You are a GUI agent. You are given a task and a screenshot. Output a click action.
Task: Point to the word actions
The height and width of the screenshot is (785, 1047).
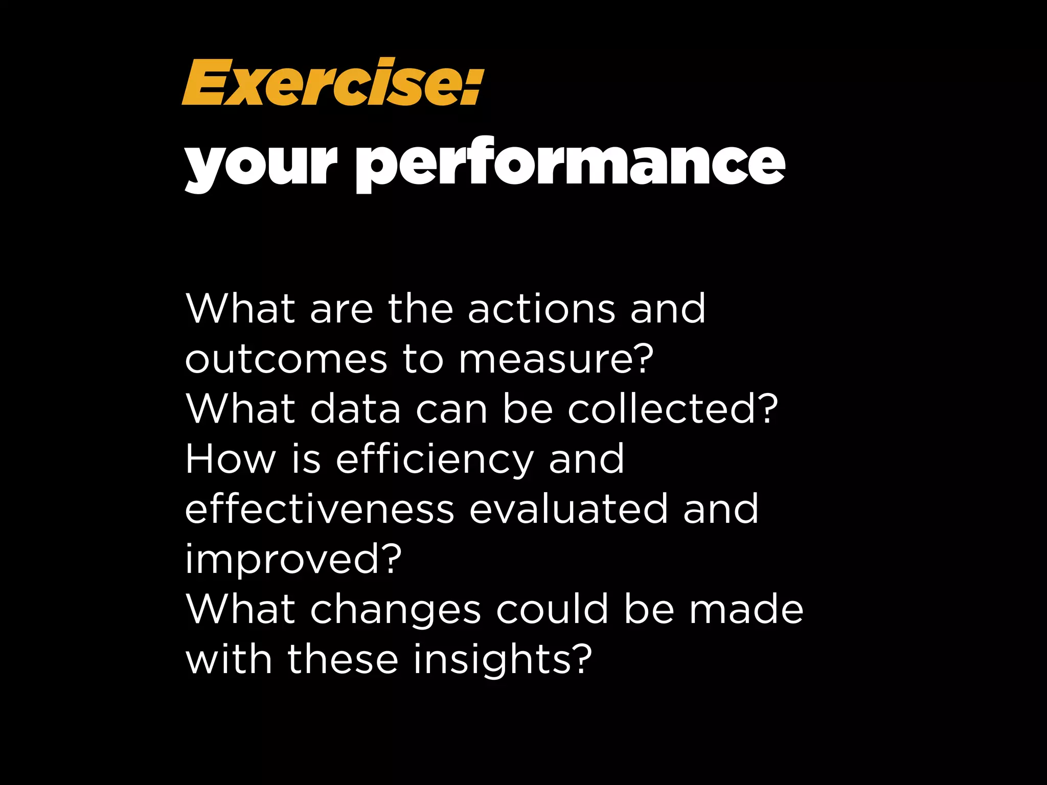click(541, 309)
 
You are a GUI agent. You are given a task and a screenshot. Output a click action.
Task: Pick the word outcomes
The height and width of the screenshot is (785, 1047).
click(286, 359)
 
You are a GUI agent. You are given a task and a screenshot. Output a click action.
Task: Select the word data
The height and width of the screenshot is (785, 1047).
click(355, 409)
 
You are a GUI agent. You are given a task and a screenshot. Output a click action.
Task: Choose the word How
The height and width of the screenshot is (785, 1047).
click(231, 459)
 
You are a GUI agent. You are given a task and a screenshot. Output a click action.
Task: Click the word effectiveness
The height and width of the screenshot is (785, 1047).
click(320, 509)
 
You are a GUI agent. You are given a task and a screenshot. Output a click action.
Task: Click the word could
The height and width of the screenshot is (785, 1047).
click(553, 609)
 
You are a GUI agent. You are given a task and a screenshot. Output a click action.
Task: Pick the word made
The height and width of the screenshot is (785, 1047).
click(746, 609)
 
